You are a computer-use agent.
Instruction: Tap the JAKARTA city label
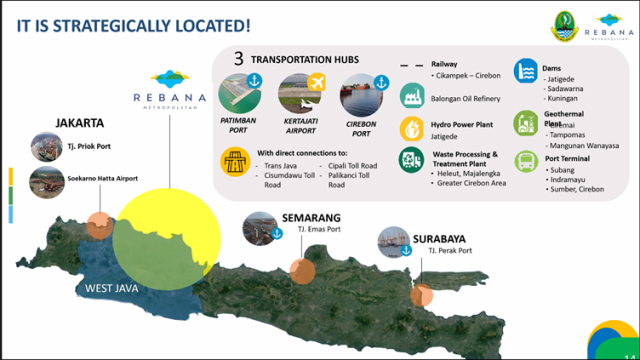coord(80,124)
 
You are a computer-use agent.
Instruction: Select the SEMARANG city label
coord(310,217)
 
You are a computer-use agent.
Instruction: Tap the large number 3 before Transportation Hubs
coord(239,59)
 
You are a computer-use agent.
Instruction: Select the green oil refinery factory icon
coord(410,96)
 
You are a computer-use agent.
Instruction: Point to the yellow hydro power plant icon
coord(410,128)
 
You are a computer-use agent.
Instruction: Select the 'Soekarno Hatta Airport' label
coord(103,179)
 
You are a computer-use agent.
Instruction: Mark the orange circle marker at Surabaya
coord(422,295)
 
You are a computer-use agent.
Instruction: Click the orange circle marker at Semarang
coord(302,270)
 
